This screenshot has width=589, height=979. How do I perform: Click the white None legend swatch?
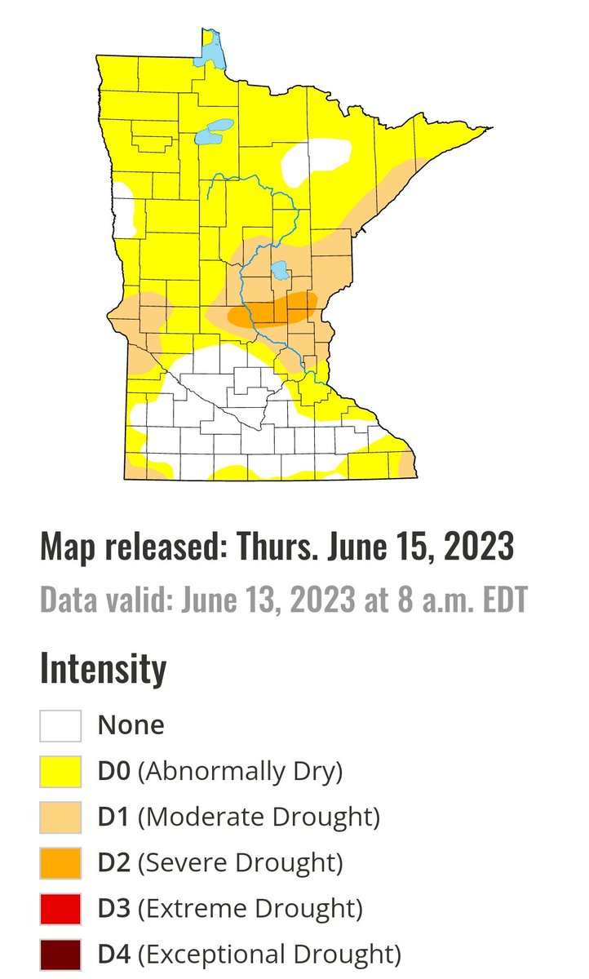[x=60, y=725]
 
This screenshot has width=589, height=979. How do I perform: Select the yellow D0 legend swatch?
[x=60, y=771]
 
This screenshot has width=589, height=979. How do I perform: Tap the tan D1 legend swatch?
[x=60, y=817]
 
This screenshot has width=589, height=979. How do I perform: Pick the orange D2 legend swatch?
[x=60, y=862]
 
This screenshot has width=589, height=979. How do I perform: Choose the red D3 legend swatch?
[x=60, y=908]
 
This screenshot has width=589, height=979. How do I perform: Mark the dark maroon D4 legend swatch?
[x=60, y=954]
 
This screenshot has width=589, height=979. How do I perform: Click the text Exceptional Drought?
[x=269, y=954]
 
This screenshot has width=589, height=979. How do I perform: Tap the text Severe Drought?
[x=240, y=862]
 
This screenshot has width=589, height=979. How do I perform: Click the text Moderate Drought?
[x=259, y=817]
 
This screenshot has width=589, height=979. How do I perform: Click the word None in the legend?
[x=131, y=725]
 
